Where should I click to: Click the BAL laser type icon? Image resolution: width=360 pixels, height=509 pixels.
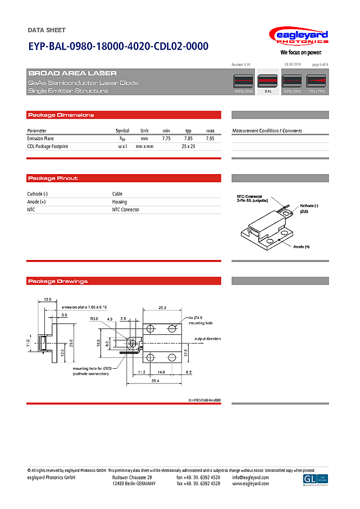point(268,82)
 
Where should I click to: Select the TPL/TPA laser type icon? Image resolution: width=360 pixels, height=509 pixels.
point(317,82)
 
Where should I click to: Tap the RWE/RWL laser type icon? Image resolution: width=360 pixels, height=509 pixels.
point(244,82)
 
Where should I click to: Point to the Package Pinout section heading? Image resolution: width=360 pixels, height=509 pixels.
point(53,178)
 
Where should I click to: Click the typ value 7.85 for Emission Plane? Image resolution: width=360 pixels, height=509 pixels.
point(188,138)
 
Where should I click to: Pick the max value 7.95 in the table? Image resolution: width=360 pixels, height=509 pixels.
point(210,138)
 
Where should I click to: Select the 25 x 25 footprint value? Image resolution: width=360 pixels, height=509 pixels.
point(188,146)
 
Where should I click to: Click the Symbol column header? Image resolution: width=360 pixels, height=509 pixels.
point(122,131)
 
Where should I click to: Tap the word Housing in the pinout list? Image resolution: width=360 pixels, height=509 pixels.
point(119,202)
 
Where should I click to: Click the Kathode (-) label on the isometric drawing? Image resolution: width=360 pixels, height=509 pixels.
point(309,205)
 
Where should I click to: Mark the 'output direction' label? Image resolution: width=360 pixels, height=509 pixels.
point(207,339)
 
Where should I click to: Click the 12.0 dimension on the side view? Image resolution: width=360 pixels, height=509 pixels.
point(48,299)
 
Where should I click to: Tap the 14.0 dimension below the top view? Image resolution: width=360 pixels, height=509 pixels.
point(161,372)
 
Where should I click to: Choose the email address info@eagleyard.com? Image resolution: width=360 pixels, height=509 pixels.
point(251,478)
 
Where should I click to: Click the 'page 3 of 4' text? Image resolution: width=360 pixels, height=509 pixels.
point(320,64)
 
